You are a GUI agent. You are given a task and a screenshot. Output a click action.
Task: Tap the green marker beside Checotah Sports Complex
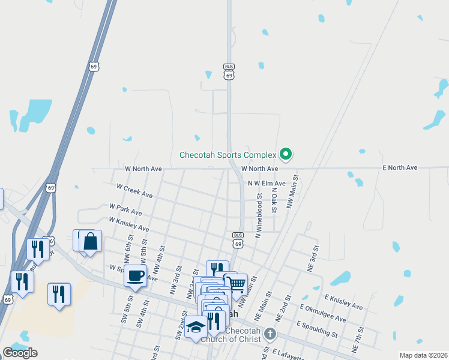click(x=286, y=155)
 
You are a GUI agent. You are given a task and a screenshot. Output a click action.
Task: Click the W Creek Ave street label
click(x=134, y=191)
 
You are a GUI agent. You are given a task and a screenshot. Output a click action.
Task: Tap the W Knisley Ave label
click(x=129, y=225)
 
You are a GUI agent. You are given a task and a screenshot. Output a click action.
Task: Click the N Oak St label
click(x=274, y=200)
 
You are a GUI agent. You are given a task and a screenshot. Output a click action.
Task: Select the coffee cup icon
click(x=135, y=276)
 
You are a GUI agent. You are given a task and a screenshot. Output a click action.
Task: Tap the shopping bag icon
click(x=90, y=242)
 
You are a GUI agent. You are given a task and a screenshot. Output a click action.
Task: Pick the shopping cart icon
click(x=237, y=284)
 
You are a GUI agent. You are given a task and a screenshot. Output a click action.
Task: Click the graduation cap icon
click(x=196, y=327)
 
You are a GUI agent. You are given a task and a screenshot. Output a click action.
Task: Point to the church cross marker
click(x=270, y=334)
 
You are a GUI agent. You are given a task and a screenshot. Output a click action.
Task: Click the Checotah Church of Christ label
click(x=231, y=340)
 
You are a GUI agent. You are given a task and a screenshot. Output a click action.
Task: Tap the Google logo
click(x=20, y=353)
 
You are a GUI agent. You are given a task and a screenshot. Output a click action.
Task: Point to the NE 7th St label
click(x=358, y=340)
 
